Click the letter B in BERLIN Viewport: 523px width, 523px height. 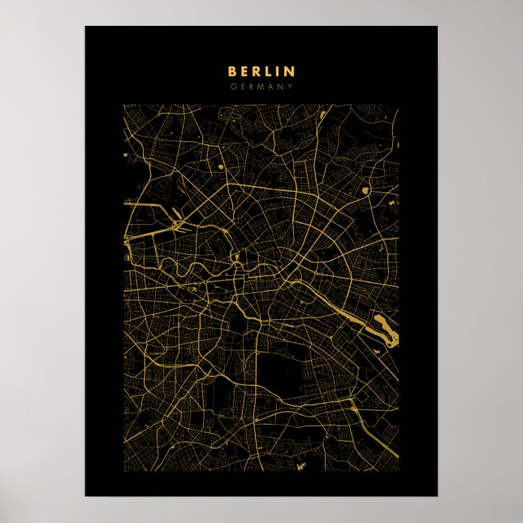232,72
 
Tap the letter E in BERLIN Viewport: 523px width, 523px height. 245,72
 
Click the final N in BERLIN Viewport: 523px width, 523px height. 290,72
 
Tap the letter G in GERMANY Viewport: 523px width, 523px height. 232,87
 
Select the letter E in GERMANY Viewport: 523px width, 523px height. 242,87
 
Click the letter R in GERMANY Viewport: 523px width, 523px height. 251,87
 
